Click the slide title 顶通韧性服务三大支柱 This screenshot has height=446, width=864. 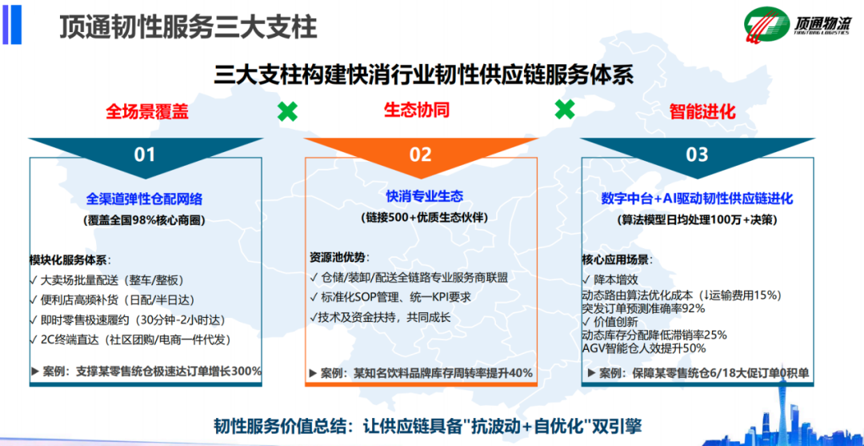coord(188,26)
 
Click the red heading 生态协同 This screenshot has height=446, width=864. coord(417,110)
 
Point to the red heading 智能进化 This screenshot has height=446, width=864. coord(702,111)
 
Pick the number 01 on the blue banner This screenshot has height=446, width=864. coord(145,155)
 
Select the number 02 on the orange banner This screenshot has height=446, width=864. coord(421,155)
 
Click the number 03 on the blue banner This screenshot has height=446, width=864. coord(697,155)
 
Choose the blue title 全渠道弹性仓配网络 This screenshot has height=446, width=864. coord(145,198)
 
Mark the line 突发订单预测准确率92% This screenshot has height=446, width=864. coord(643,308)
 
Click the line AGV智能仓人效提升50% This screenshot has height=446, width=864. coord(644,348)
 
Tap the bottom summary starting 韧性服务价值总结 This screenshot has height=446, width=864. coord(428,427)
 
